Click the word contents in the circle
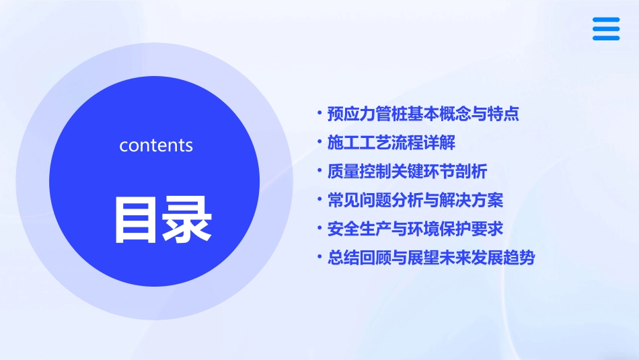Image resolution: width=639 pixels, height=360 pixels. coord(156,145)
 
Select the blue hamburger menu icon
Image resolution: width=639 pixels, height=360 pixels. coord(606,29)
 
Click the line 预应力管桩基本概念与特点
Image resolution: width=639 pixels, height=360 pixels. coord(423,114)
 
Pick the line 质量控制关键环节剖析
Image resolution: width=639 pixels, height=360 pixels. coord(407,171)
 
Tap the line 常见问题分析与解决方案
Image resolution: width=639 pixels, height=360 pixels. coord(415,200)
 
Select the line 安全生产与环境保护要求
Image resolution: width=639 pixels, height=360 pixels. coord(415,229)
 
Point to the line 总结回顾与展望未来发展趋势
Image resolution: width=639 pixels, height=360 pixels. coord(430,258)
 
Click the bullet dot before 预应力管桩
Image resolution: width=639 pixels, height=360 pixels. coord(319,112)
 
